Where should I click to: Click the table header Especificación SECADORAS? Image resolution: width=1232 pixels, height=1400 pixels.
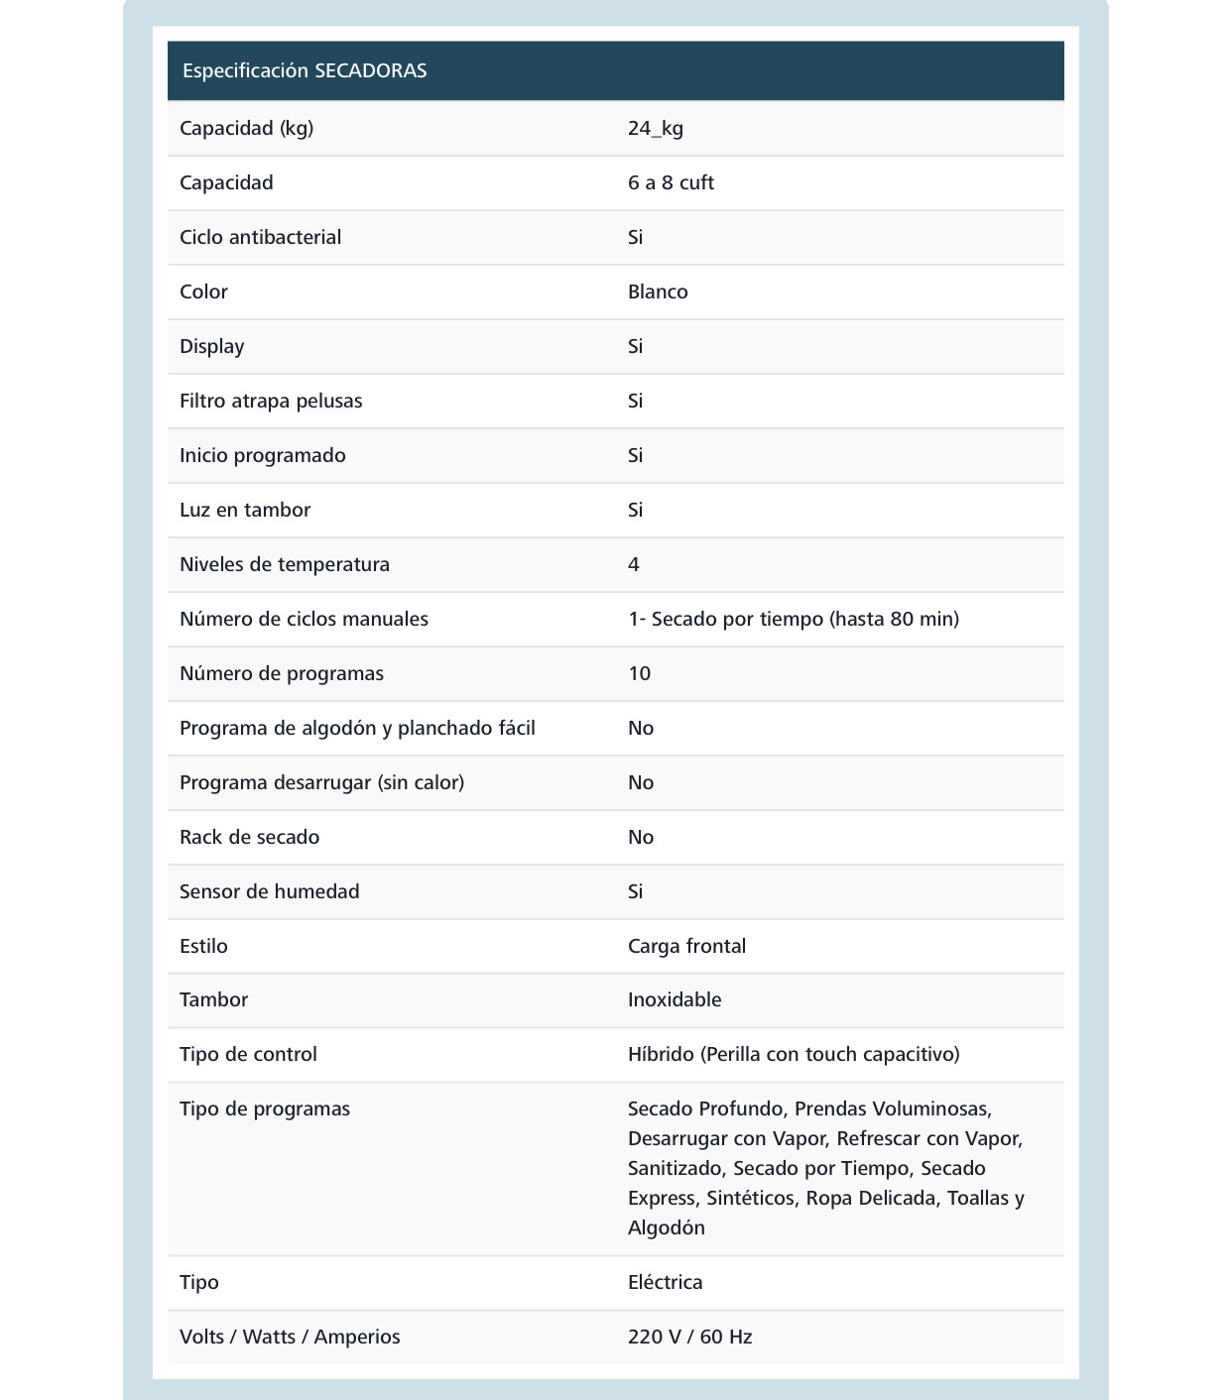pos(305,70)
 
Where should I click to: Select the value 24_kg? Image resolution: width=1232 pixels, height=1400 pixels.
pos(656,128)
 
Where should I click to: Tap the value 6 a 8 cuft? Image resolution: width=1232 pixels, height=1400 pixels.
pos(671,182)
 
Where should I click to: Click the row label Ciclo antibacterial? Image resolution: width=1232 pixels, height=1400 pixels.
pos(260,237)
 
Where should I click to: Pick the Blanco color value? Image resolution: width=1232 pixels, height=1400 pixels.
pos(658,292)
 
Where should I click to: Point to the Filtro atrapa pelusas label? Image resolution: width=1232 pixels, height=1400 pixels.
pos(271,401)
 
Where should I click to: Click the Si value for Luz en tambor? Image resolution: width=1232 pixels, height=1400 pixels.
pos(635,510)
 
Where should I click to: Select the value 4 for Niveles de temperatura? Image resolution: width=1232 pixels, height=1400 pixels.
pos(634,564)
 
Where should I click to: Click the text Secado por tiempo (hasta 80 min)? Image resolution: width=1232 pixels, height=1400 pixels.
pos(804,619)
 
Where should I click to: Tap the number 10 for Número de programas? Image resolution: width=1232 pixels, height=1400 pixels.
pos(639,673)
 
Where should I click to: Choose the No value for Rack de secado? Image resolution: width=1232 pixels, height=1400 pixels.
pos(641,837)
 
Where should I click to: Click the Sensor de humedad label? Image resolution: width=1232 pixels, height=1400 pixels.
pos(269,891)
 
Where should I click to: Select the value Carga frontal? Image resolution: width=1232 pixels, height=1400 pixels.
pos(686,946)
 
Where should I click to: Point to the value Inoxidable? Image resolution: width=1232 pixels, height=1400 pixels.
pos(675,999)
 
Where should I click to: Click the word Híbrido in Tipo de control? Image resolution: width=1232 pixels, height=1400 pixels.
pos(661,1054)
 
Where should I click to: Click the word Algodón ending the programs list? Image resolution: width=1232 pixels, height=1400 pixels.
pos(667,1227)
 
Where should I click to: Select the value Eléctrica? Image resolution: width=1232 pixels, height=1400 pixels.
pos(665,1282)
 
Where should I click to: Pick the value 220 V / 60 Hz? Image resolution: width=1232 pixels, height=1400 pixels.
pos(689,1337)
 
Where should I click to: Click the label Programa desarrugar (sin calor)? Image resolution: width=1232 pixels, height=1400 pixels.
pos(321,782)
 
